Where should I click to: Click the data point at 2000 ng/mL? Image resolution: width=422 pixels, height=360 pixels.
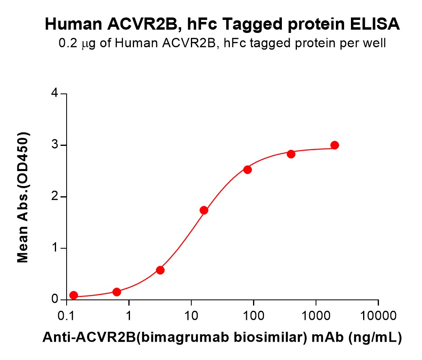(335, 145)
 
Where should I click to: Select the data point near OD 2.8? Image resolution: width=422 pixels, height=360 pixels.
(291, 154)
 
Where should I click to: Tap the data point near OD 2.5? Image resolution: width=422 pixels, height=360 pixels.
(247, 169)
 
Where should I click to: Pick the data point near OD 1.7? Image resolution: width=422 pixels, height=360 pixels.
(204, 210)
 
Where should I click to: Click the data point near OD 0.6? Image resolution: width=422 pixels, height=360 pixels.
(160, 270)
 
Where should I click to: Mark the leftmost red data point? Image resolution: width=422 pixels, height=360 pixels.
(74, 295)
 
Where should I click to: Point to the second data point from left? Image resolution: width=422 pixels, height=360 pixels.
(117, 292)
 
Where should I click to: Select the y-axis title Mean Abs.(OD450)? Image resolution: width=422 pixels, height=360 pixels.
(23, 197)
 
